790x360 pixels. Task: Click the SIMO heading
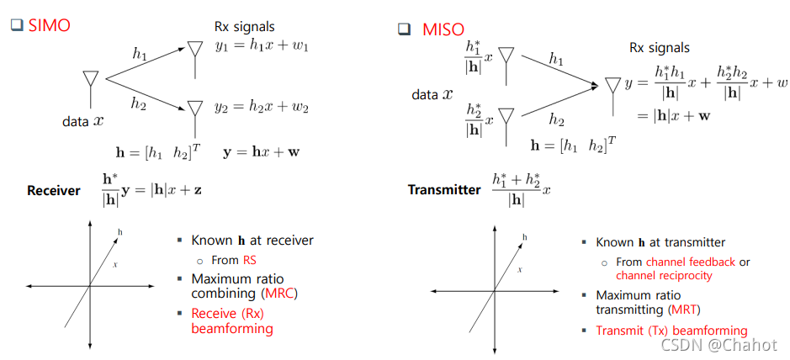coord(50,25)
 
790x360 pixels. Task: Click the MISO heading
coord(443,29)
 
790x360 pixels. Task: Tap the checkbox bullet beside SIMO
coord(16,25)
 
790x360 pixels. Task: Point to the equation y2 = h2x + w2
coord(262,107)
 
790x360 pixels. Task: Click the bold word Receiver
coord(53,191)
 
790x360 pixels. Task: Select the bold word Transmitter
coord(443,189)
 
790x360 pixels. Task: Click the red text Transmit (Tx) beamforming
coord(671,331)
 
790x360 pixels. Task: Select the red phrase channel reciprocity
coord(664,275)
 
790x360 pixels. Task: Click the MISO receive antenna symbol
coord(612,87)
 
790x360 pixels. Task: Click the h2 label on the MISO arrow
coord(556,120)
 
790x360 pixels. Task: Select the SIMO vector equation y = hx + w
coord(262,152)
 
